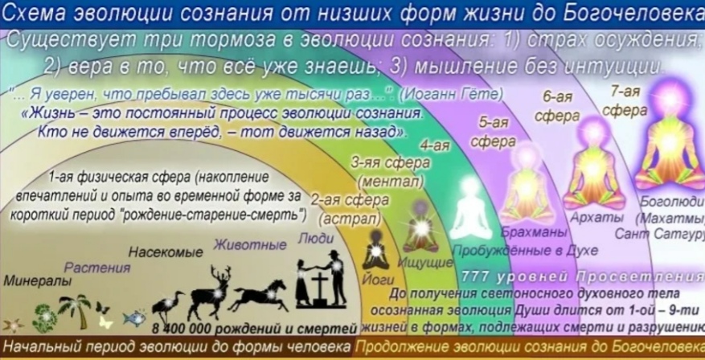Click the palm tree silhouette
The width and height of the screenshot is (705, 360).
click(76, 309)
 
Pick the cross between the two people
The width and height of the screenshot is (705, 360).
click(319, 286)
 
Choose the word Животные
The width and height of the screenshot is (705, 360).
click(239, 244)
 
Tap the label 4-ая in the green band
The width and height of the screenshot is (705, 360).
click(434, 145)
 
